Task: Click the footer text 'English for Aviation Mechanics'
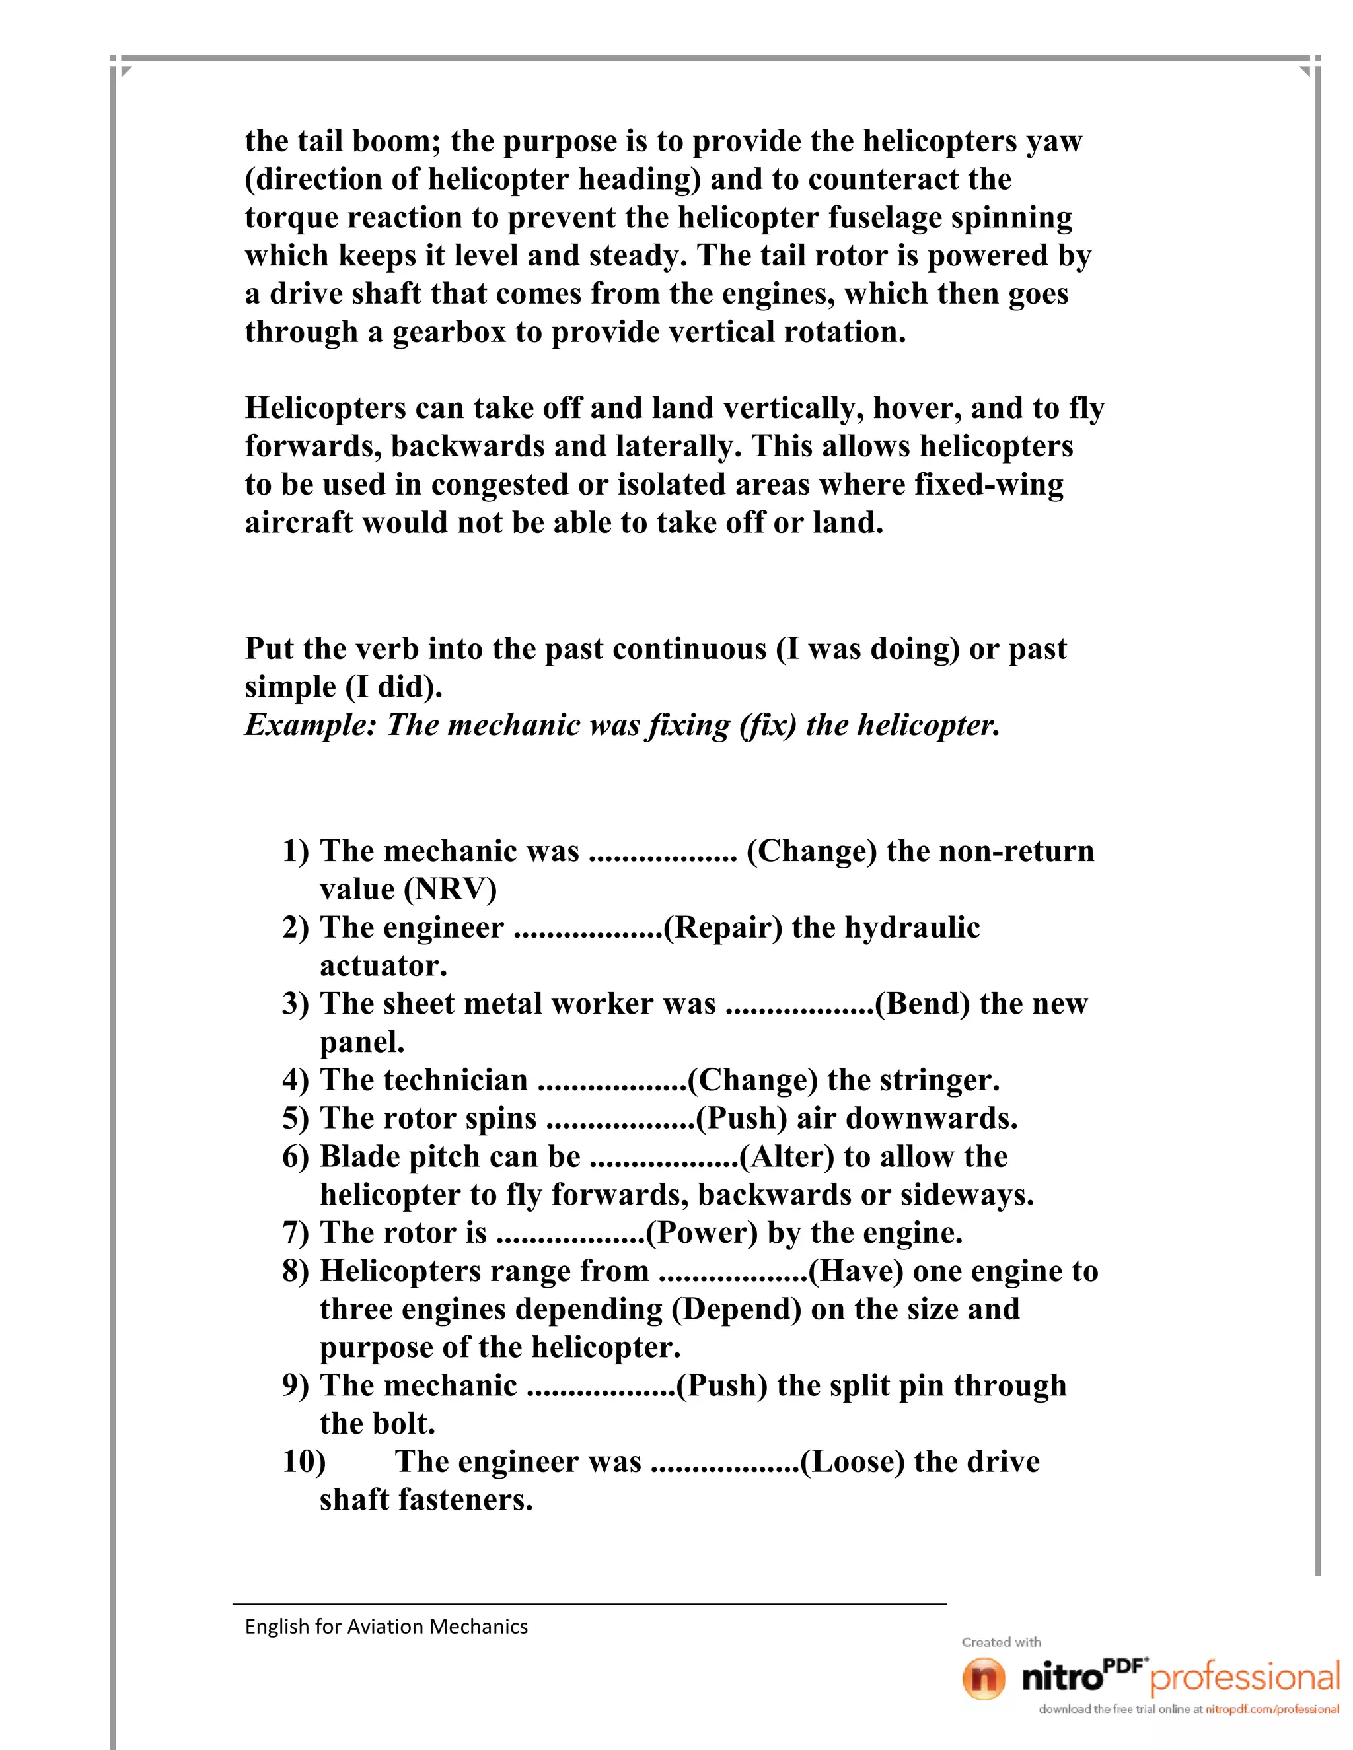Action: click(386, 1626)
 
